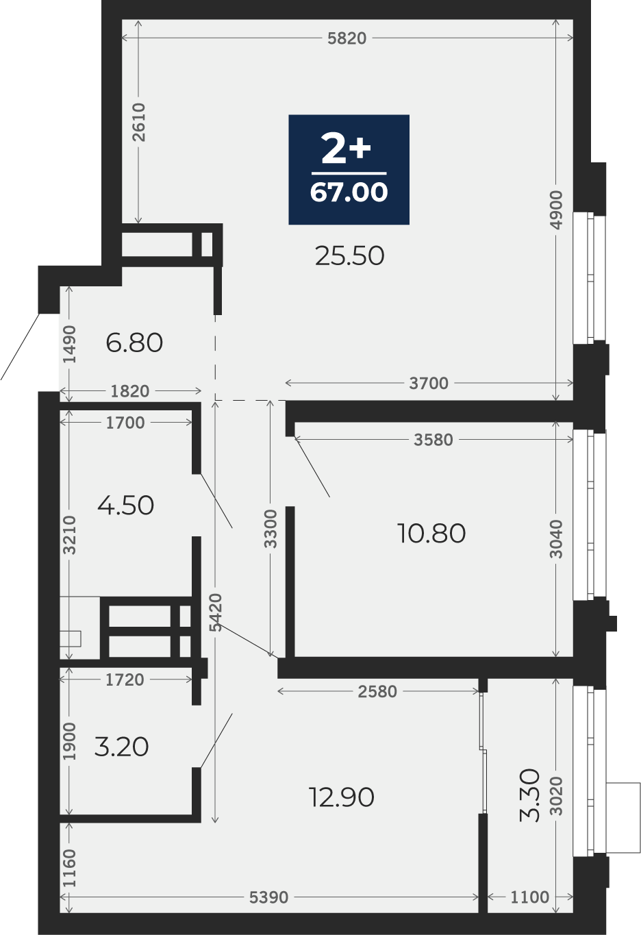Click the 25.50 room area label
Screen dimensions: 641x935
click(349, 256)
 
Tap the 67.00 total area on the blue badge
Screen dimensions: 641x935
click(349, 192)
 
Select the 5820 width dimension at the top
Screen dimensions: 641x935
click(347, 38)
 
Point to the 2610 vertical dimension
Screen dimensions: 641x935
click(140, 122)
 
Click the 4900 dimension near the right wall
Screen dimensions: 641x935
click(557, 210)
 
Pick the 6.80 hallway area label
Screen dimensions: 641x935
click(134, 342)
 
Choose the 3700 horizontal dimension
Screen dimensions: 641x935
click(429, 383)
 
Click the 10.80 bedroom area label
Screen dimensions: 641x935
click(431, 533)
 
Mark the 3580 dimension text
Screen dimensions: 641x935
click(433, 440)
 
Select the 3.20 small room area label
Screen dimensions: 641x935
click(121, 747)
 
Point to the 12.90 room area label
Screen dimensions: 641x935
click(341, 797)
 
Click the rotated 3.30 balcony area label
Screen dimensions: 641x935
click(530, 795)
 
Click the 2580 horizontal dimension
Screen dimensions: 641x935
click(377, 692)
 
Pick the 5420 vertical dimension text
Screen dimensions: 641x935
click(216, 613)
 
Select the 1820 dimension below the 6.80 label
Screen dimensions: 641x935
click(130, 391)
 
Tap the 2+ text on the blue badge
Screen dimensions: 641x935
click(347, 149)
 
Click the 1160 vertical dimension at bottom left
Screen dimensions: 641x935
click(69, 868)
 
